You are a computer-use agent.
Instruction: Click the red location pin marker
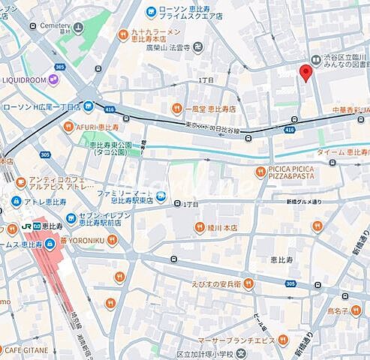(x=305, y=73)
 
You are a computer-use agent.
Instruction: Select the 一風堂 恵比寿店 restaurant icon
(x=177, y=109)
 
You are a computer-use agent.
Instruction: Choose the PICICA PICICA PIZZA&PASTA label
(x=300, y=174)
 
